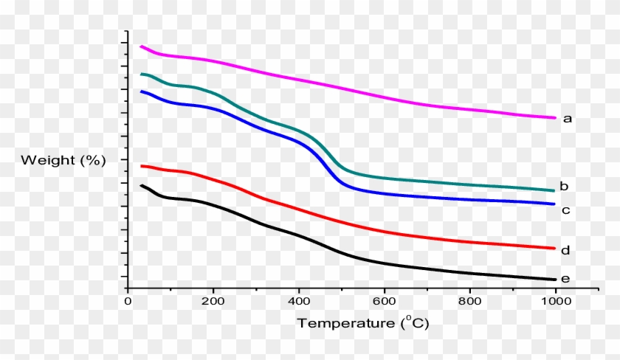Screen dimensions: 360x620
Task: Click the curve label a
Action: coord(568,118)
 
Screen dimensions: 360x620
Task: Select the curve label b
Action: coord(563,186)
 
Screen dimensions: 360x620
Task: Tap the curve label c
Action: coord(565,210)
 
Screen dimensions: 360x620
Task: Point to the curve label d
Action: coord(565,251)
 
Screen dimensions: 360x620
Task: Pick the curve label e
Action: coord(565,279)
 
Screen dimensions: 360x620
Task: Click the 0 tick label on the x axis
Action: coord(128,302)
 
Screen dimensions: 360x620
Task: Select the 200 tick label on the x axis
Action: coord(213,302)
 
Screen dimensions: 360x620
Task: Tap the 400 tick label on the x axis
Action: coord(299,302)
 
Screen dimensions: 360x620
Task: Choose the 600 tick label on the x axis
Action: coord(384,302)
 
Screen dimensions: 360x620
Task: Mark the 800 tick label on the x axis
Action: coord(469,302)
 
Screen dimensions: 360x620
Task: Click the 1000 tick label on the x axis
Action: coord(555,302)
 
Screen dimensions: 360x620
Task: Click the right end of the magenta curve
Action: coord(554,118)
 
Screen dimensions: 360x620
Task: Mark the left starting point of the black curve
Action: coord(141,185)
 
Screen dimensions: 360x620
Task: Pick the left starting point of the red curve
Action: coord(141,166)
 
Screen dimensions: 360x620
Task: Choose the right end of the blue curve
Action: coord(554,204)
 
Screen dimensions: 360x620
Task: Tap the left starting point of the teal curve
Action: coord(141,75)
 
